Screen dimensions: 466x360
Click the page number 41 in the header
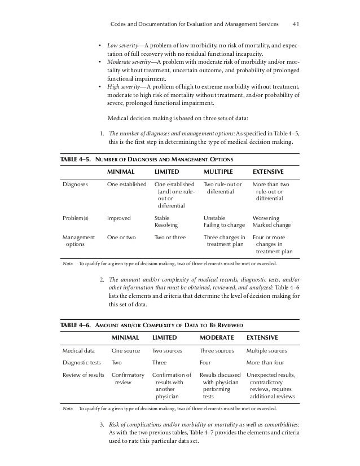point(296,24)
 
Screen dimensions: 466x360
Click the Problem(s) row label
point(76,217)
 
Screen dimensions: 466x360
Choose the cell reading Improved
point(118,217)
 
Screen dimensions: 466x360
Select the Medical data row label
point(78,351)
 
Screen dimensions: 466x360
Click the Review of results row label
point(82,375)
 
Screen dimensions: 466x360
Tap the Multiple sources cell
point(271,351)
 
